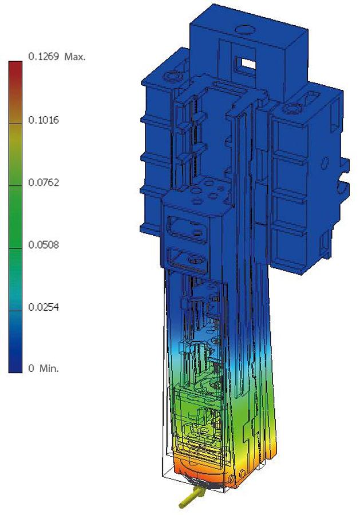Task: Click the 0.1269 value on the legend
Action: [x=43, y=57]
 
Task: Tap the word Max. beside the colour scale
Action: [x=75, y=57]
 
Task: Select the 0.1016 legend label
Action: [x=43, y=120]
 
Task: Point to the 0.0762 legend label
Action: [x=43, y=183]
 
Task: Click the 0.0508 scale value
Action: [x=43, y=245]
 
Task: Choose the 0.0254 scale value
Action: [x=43, y=307]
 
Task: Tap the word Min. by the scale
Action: [x=49, y=368]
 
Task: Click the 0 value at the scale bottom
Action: [x=31, y=368]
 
